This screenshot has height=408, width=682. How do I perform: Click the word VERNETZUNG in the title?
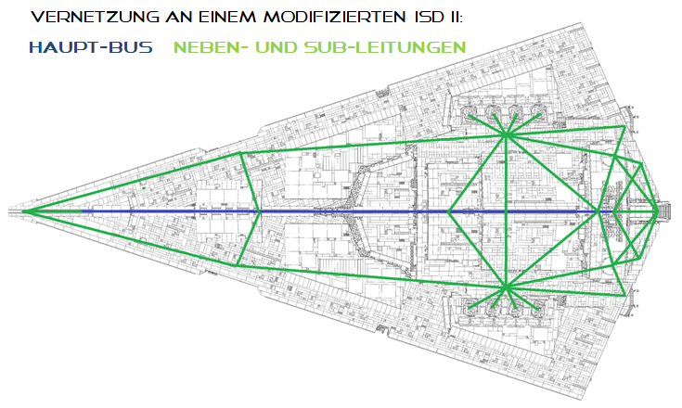[x=96, y=17]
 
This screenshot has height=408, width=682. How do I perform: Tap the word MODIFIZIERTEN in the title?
[x=334, y=17]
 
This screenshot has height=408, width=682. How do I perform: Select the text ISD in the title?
[x=425, y=17]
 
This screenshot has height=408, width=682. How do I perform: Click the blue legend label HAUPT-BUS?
[x=91, y=47]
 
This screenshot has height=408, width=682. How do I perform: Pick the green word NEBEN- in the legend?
[x=211, y=47]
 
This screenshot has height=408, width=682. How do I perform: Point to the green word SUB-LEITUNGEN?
[x=385, y=47]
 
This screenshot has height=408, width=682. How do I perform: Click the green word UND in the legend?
[x=277, y=47]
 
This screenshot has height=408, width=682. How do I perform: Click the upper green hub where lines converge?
[x=506, y=135]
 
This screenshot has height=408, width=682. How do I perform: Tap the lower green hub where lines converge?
[x=506, y=287]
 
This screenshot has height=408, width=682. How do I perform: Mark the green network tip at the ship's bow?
[x=23, y=211]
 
